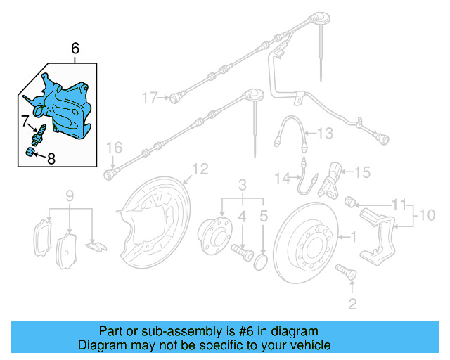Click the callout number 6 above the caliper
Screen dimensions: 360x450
[x=75, y=49]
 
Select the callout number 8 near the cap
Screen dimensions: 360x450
[x=51, y=159]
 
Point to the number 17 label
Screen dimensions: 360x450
[x=149, y=97]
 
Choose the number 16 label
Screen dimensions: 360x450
[x=114, y=147]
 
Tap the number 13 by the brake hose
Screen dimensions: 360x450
[x=323, y=133]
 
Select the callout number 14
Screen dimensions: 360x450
[x=281, y=179]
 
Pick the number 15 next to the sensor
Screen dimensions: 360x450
[x=361, y=171]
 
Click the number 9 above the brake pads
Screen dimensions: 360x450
[x=70, y=195]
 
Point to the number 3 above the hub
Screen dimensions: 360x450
[x=242, y=185]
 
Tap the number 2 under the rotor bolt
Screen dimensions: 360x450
[x=352, y=304]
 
